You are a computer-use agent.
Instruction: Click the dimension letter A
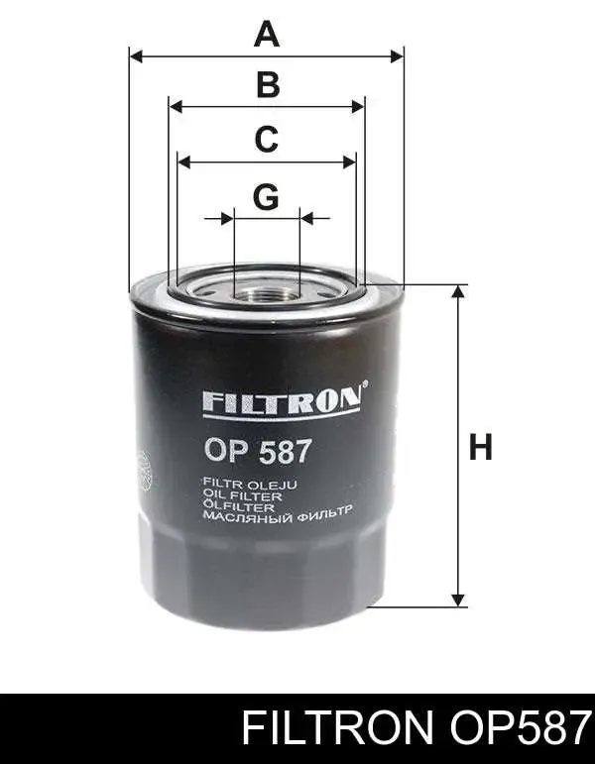[267, 33]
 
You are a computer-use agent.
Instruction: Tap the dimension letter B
[268, 84]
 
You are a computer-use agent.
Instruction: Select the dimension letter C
[267, 139]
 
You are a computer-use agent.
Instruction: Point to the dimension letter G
[266, 197]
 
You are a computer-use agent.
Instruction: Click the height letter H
[480, 447]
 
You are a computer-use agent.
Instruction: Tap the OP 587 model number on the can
[258, 451]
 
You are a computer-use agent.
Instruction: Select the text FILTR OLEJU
[250, 485]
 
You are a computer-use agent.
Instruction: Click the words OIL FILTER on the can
[242, 496]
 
